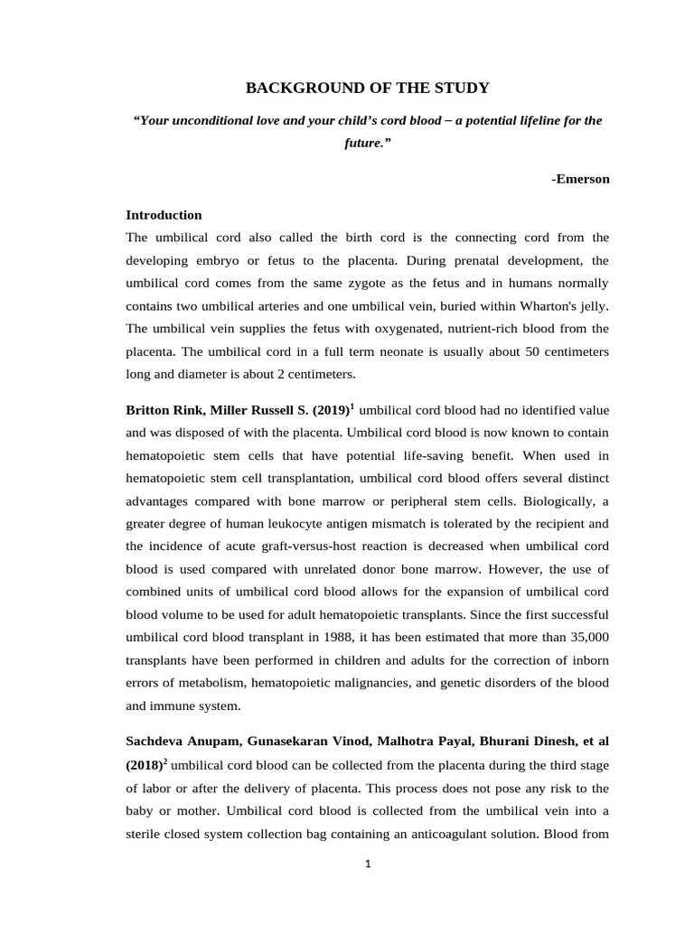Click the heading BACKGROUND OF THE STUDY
[369, 88]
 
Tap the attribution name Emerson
[582, 179]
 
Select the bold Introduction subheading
[164, 215]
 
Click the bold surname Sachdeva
[156, 741]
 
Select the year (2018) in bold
[144, 764]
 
